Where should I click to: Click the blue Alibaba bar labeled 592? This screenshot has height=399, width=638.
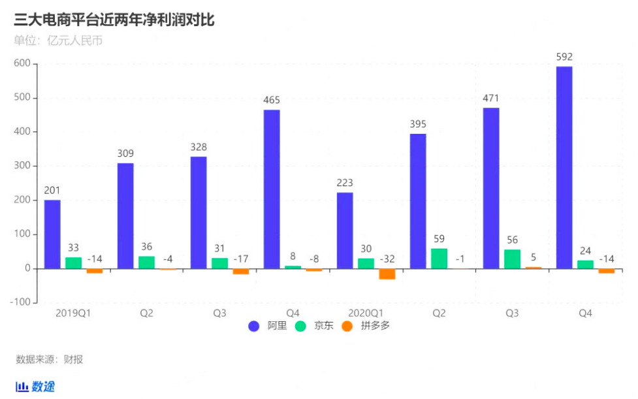tap(564, 167)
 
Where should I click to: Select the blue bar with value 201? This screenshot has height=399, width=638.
tap(52, 234)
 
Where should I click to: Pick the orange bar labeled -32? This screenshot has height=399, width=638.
tap(387, 274)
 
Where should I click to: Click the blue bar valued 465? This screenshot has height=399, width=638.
tap(272, 189)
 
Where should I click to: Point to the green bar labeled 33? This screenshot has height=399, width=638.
tap(74, 263)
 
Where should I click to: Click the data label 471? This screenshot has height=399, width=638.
tap(491, 99)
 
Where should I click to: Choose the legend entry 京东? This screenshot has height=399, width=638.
tap(316, 325)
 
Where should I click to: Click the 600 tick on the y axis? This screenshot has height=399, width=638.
tap(22, 63)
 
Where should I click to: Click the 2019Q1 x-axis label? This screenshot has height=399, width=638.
tap(72, 313)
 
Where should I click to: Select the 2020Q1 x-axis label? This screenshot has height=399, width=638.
tap(365, 313)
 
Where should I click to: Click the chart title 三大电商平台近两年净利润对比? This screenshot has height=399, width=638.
tap(114, 20)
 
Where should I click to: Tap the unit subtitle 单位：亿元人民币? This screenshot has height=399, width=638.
tap(58, 40)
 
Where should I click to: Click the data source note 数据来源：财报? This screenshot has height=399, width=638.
tap(49, 359)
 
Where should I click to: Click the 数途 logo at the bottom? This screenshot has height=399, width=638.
tap(36, 387)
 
